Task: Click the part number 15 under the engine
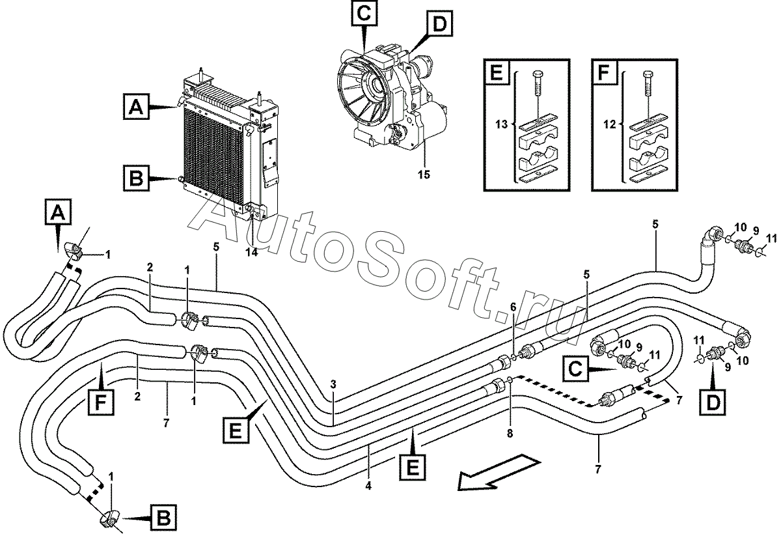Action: tap(424, 175)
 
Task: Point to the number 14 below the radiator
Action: tap(251, 253)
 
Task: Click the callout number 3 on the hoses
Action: tap(333, 385)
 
